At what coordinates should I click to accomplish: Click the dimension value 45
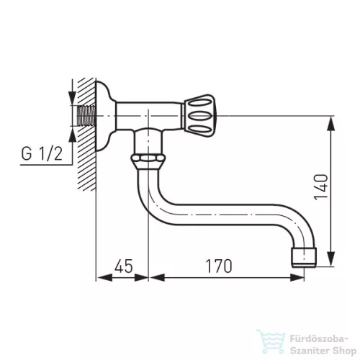[x=123, y=266]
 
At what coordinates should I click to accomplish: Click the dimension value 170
[x=219, y=266]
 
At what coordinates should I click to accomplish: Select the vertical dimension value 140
[x=320, y=186]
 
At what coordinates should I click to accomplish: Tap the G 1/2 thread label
[x=42, y=153]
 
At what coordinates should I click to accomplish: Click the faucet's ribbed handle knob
[x=199, y=116]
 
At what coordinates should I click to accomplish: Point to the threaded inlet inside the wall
[x=86, y=116]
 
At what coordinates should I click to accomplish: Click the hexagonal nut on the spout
[x=148, y=158]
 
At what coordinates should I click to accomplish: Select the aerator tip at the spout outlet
[x=304, y=258]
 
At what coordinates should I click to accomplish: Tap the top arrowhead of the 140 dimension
[x=331, y=123]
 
